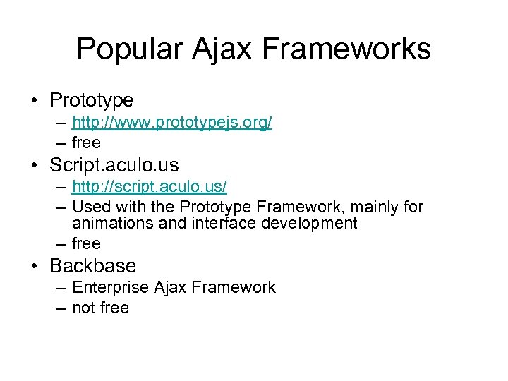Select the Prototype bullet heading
point(91,101)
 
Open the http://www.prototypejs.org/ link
point(172,123)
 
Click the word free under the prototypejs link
point(87,143)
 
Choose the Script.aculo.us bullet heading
point(114,165)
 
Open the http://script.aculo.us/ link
point(150,187)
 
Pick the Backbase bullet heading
point(92,266)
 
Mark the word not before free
point(84,308)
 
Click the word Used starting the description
point(89,207)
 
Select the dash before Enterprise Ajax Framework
point(59,288)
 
